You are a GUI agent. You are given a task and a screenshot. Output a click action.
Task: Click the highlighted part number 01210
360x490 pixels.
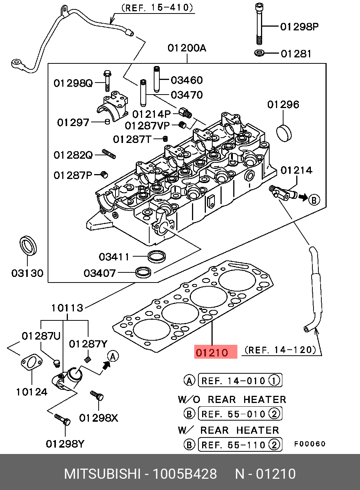pos(212,352)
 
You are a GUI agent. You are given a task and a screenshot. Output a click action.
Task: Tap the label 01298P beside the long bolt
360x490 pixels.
pos(299,27)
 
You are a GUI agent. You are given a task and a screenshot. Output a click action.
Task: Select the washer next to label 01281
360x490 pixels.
pos(259,53)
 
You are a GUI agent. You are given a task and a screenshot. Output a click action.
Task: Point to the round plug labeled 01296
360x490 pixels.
pos(284,132)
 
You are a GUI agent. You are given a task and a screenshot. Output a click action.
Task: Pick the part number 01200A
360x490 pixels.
pos(187,48)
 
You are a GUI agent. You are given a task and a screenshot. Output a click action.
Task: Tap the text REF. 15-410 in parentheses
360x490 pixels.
pos(157,8)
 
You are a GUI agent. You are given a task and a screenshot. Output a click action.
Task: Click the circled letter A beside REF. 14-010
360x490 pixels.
pos(189,380)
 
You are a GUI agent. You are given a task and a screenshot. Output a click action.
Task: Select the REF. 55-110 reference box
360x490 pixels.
pos(240,445)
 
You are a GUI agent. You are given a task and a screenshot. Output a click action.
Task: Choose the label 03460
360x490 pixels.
pos(187,80)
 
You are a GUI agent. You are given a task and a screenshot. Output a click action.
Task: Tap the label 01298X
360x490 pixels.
pos(98,418)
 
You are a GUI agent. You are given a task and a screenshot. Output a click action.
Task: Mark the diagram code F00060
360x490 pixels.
pos(310,444)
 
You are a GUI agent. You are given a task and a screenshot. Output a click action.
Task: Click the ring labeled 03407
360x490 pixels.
pos(143,272)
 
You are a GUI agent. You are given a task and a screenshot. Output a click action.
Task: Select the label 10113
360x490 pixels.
pos(67,308)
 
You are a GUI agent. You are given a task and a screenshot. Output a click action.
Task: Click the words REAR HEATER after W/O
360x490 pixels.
pos(247,400)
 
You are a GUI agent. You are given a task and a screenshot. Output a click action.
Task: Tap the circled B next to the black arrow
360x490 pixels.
pos(314,200)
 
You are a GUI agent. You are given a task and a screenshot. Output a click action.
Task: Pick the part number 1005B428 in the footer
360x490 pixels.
pos(184,474)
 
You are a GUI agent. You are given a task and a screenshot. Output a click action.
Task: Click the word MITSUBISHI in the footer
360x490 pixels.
pos(102,474)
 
